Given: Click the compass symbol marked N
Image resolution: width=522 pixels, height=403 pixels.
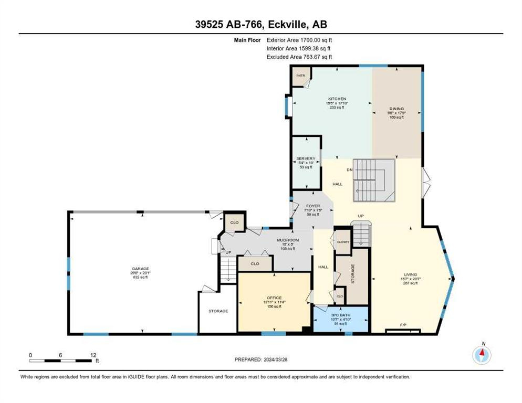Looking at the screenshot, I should [481, 355].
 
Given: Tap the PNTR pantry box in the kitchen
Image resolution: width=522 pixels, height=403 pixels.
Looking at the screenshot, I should [300, 76].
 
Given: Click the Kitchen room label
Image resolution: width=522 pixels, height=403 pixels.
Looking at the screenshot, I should [337, 99].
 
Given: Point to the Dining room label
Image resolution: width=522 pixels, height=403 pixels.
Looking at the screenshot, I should [396, 109].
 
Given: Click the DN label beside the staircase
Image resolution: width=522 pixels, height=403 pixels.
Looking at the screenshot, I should [349, 170].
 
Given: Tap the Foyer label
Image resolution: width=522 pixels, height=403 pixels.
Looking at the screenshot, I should [313, 206].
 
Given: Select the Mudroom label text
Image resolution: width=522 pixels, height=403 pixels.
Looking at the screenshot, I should [288, 240].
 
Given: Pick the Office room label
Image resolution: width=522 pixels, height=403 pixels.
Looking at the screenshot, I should [274, 298].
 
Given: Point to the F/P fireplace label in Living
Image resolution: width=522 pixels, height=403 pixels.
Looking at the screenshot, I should [403, 325].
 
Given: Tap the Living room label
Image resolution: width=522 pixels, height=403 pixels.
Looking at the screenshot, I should [410, 273].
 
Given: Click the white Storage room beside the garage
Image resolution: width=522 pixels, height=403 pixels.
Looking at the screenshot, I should [218, 311].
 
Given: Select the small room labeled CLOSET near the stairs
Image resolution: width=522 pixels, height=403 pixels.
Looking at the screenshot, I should [343, 242].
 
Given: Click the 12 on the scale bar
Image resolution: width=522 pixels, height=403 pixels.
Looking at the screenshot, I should [93, 355].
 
